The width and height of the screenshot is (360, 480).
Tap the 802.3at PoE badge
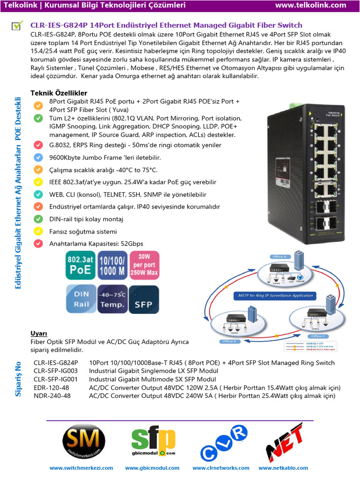coord(80,265)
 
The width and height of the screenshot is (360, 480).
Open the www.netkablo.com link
coord(283,468)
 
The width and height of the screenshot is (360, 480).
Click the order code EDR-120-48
coord(52,388)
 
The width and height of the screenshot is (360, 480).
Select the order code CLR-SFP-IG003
coord(55,371)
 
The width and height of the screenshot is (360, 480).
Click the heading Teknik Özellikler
coord(59,93)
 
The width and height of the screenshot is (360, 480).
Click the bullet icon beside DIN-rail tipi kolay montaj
coord(38,219)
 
